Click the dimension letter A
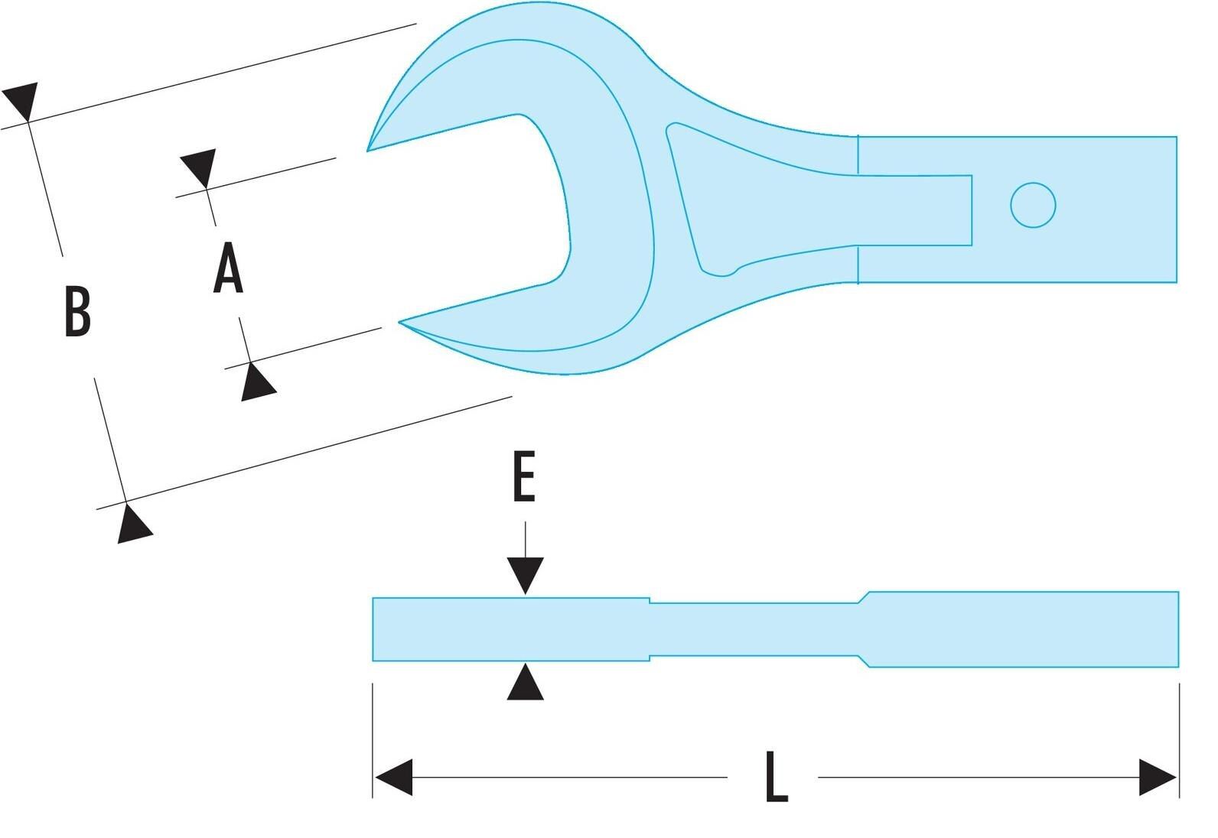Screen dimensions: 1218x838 coord(228,268)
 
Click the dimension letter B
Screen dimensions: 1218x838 coord(78,311)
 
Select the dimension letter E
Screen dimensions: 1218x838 coord(524,476)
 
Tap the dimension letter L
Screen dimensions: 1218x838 coord(777,777)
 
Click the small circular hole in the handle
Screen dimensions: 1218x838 coord(1033,205)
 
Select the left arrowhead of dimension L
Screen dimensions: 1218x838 coord(394,777)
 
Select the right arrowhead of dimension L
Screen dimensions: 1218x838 coord(1158,777)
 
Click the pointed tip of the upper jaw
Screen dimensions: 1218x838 coord(367,150)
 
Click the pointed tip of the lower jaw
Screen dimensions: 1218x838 coord(399,322)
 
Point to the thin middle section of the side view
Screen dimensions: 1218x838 coord(754,629)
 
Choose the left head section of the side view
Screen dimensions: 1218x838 coord(510,629)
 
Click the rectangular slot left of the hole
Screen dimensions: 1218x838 coord(915,210)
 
